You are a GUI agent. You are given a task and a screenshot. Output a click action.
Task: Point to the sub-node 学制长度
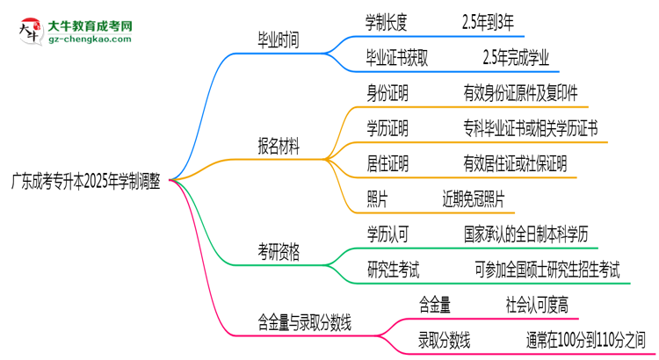(x=387, y=19)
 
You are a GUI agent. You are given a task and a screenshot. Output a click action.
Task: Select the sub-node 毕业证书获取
(x=402, y=58)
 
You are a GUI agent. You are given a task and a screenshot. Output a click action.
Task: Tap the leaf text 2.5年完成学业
(x=516, y=58)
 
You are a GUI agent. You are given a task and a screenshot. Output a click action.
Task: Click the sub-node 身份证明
(x=387, y=91)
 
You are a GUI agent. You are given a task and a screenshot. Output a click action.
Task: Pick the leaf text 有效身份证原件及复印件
(x=521, y=91)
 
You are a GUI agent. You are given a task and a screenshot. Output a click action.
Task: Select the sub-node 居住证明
(x=387, y=163)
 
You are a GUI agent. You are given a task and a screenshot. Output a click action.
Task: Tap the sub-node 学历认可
(x=387, y=233)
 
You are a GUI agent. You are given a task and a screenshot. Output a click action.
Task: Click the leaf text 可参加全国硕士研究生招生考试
(x=547, y=270)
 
